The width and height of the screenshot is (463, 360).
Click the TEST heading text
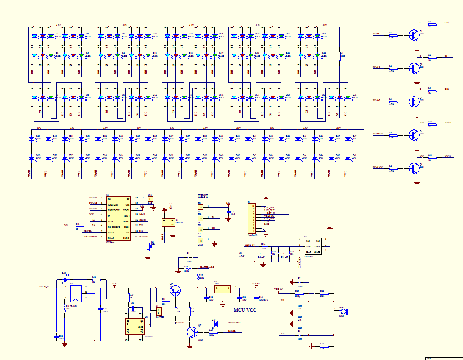coord(204,196)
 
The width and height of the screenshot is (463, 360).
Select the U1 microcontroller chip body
coord(118,218)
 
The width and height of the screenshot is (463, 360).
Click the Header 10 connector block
coord(251,218)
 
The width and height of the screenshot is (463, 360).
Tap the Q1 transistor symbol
coord(414,34)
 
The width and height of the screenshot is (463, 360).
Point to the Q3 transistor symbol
coord(414,101)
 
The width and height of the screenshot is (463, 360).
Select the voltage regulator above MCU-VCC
coord(223,289)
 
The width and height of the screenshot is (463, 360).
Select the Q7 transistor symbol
coord(191,332)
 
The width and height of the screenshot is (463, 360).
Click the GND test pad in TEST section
coord(200,241)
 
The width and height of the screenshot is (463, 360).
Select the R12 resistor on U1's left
coord(77,226)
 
